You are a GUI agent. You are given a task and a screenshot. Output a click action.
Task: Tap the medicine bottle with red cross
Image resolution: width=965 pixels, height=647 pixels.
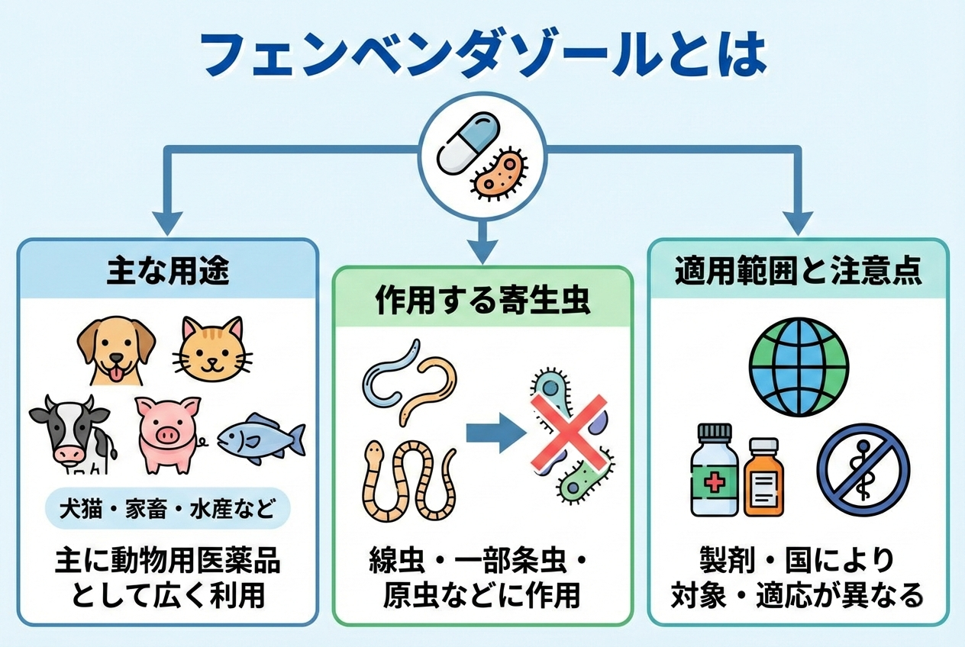715,470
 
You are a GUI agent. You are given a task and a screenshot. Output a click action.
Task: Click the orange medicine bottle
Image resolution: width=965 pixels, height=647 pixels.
763,476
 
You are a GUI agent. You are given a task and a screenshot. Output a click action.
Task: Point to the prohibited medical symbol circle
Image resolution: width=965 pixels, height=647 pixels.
863,469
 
